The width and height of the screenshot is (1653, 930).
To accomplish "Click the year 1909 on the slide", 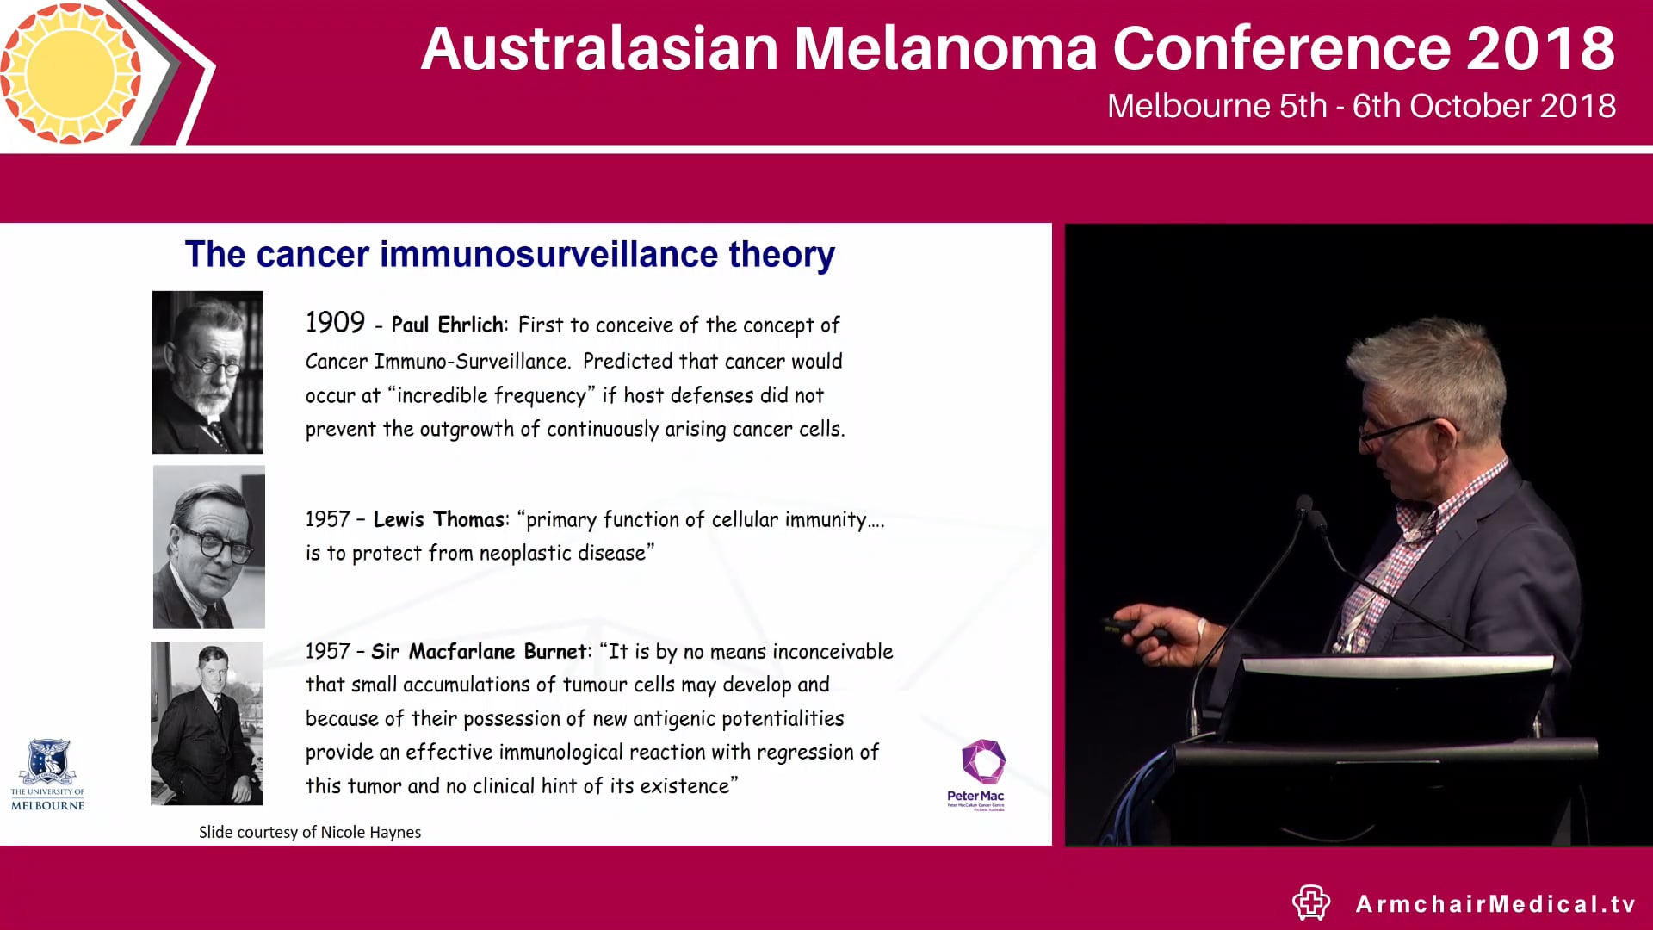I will click(x=335, y=323).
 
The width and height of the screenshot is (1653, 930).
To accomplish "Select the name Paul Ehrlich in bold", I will click(x=447, y=325).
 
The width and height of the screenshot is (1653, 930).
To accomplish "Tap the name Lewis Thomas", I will click(x=438, y=519).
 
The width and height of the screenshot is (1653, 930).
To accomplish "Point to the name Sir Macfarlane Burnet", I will click(x=480, y=652).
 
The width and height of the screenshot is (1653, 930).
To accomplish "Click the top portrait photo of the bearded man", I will click(x=207, y=372).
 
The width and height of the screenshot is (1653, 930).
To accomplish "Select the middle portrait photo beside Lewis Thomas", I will click(x=208, y=547).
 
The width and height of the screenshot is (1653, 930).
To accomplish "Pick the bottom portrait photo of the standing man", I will click(x=207, y=723).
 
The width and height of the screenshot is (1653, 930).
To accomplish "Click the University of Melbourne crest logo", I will click(x=48, y=761).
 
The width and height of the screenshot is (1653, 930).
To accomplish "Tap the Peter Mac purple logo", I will click(x=982, y=763).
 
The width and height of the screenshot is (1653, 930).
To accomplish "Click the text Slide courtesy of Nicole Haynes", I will click(x=310, y=832).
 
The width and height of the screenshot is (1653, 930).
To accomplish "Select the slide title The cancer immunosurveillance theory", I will click(x=510, y=255).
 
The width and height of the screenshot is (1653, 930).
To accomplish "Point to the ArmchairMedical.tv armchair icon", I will click(x=1311, y=902).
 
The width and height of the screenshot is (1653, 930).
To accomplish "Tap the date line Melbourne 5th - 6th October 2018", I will click(x=1360, y=106).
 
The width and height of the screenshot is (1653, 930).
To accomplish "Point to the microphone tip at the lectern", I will click(x=1305, y=504).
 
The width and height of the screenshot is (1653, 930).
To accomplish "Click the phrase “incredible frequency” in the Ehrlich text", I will click(x=492, y=395).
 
